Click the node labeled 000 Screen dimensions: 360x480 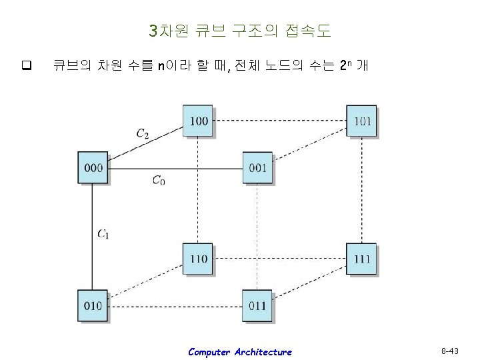93,168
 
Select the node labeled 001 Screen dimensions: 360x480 257,168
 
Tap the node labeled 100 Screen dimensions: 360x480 199,121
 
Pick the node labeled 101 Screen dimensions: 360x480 361,121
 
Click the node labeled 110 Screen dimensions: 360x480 199,259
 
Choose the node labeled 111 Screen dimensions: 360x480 361,259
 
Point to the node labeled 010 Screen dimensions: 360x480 93,305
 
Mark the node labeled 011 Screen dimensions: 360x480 257,305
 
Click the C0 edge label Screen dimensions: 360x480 159,179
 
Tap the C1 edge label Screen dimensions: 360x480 103,233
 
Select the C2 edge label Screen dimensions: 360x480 143,133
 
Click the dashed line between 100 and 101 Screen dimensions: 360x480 280,121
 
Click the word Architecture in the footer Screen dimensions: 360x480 263,352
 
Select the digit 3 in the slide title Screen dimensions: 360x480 153,31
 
